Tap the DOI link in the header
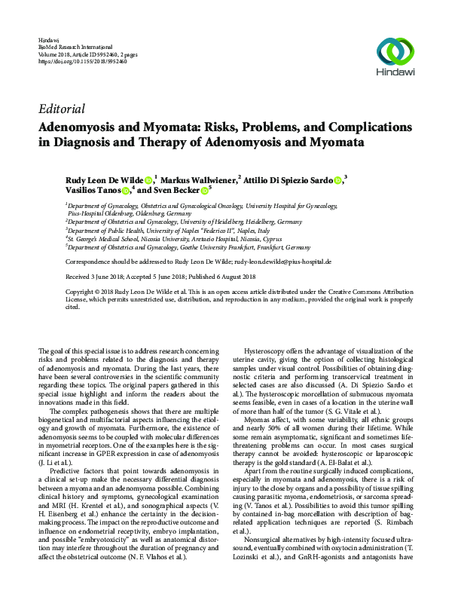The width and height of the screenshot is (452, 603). pos(81,60)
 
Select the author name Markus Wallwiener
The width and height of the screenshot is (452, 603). pos(199,179)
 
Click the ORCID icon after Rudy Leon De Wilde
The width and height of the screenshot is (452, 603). pos(148,179)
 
